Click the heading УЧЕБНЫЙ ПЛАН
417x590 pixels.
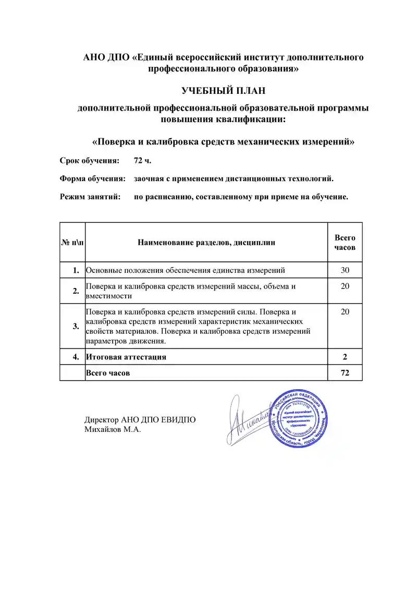point(223,91)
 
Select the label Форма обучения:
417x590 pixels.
point(93,178)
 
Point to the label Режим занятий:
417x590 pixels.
point(90,197)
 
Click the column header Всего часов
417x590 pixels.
point(345,242)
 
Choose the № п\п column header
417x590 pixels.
point(72,242)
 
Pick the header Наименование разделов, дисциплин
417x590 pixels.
point(206,242)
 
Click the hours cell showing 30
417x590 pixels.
point(345,270)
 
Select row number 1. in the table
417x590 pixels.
point(76,270)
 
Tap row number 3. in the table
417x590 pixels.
point(76,326)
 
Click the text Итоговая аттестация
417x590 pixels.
point(126,357)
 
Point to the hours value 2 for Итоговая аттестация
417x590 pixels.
point(345,357)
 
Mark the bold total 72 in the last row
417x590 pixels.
point(345,372)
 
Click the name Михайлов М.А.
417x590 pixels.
point(113,429)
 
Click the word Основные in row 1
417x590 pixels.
point(103,270)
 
